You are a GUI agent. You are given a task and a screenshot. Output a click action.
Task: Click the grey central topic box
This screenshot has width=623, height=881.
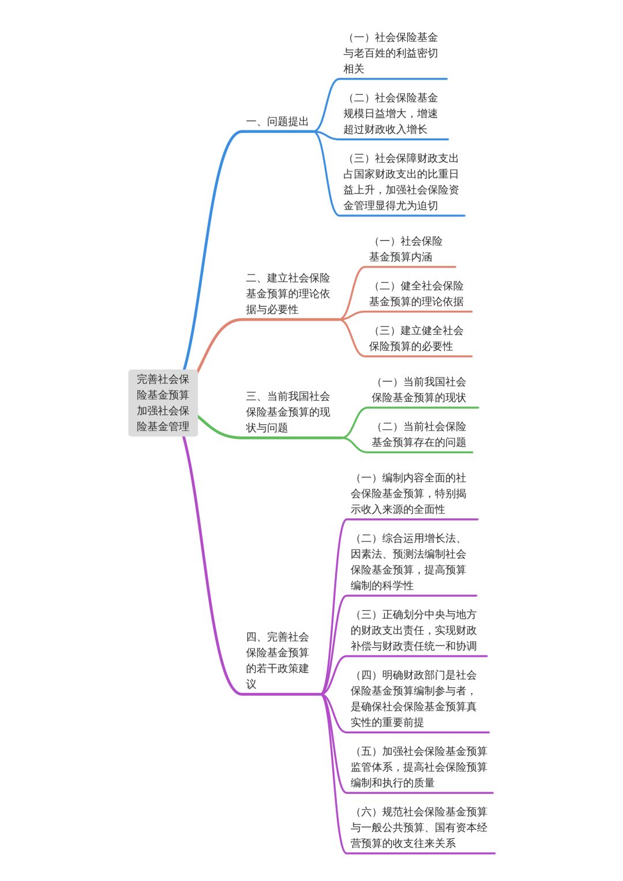click(163, 403)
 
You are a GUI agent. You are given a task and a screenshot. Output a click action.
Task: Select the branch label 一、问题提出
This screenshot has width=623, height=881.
click(277, 122)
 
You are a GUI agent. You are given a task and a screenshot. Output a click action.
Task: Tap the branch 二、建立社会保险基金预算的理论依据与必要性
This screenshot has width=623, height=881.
click(288, 293)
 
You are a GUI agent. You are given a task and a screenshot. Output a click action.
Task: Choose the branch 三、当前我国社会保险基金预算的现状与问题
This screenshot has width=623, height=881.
click(288, 412)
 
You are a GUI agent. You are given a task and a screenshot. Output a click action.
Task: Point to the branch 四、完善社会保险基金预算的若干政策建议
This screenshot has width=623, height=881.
click(277, 660)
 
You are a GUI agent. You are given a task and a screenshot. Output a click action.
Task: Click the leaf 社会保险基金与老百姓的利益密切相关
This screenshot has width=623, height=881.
click(391, 53)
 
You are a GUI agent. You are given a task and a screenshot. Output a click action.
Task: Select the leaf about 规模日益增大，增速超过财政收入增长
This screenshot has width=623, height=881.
click(391, 114)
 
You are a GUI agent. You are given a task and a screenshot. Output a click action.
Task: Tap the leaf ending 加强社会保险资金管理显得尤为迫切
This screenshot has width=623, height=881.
click(401, 182)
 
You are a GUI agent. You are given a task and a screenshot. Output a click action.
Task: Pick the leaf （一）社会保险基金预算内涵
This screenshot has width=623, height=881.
click(406, 249)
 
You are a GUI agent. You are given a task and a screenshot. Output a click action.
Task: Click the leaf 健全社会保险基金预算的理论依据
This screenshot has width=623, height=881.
click(416, 293)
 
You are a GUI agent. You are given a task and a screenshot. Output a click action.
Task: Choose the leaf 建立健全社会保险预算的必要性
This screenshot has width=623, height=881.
click(416, 338)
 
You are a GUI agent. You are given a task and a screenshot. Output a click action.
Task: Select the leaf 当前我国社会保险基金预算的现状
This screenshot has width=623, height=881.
click(419, 390)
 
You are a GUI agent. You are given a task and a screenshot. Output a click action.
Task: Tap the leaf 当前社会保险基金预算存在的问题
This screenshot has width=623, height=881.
click(419, 434)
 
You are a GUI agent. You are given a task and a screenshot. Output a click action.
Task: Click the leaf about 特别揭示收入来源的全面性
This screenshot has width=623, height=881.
click(408, 494)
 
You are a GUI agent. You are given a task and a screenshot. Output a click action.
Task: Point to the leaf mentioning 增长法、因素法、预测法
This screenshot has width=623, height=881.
click(408, 562)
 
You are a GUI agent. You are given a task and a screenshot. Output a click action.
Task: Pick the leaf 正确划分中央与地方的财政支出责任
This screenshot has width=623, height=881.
click(414, 630)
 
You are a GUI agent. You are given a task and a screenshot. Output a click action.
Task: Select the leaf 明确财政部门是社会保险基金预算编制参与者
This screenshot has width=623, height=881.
click(414, 698)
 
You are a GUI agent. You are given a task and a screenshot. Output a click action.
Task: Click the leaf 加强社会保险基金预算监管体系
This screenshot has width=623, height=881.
click(419, 767)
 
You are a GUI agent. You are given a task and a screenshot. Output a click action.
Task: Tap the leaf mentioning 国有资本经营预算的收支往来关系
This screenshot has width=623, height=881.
click(419, 827)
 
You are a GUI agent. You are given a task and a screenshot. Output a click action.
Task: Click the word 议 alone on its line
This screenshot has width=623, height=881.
click(251, 684)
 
